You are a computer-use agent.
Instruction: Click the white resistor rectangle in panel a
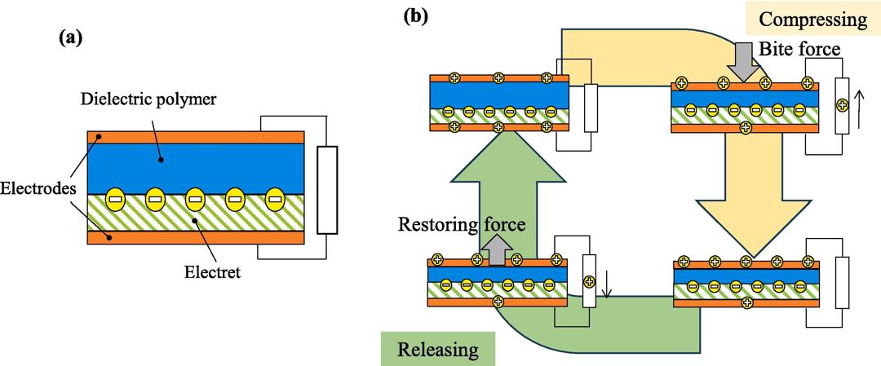326,190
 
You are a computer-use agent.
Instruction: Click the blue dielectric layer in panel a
195,167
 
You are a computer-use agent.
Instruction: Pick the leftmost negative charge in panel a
115,199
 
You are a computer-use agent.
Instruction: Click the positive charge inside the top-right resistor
842,105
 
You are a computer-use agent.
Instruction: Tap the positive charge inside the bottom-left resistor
588,283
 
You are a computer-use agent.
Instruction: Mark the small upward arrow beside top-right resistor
856,104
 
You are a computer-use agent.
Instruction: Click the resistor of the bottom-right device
842,284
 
